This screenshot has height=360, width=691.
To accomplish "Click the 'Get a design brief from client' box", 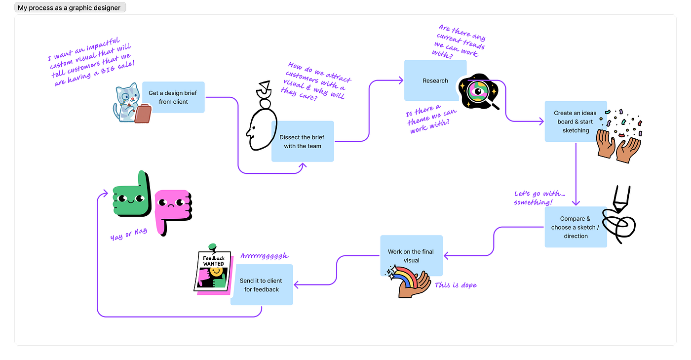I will tap(173, 97).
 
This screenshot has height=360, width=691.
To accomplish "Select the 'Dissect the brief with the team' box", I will tap(303, 142).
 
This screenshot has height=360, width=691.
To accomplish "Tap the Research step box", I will tap(434, 80).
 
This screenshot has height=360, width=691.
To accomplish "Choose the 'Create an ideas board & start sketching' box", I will tap(575, 122).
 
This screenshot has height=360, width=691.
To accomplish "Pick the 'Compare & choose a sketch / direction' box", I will tap(575, 227).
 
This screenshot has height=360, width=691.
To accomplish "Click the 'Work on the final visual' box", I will tap(411, 256).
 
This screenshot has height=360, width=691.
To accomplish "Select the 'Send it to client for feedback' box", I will tap(262, 285).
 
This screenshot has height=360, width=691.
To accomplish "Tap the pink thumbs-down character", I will tap(172, 208).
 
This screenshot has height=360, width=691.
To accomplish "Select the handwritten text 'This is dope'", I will tap(456, 285).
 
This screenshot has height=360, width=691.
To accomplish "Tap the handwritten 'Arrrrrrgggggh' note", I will tap(264, 256).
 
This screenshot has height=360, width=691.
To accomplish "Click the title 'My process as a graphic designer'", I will tap(69, 7).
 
